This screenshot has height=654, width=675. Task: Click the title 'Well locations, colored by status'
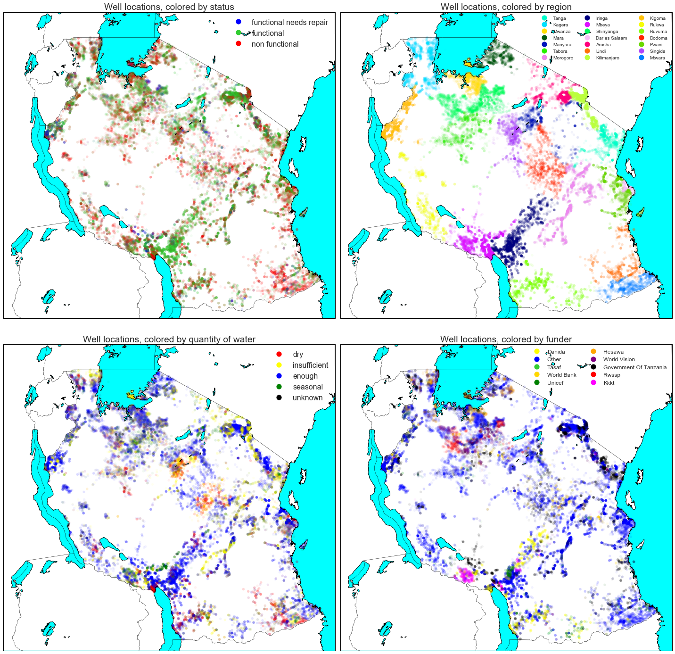pos(169,7)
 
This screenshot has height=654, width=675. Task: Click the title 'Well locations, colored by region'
pos(506,7)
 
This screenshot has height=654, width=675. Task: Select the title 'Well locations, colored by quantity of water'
pos(169,339)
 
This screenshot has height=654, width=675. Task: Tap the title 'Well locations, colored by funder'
pos(506,339)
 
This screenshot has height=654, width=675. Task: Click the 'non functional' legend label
pos(275,44)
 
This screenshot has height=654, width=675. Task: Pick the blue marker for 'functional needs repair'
pos(239,22)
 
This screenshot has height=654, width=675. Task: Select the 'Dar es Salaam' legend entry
pos(611,38)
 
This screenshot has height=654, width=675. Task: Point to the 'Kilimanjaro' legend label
pos(607,58)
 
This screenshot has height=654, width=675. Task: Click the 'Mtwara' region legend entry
pos(657,58)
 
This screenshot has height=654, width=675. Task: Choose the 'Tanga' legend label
pos(559,18)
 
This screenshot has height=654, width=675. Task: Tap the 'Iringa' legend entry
pos(601,18)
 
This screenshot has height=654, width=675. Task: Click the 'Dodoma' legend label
pos(658,38)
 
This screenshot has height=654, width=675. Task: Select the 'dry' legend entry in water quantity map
pos(297,355)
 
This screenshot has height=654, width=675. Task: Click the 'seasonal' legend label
pos(307,387)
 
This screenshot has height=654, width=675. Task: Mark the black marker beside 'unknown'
pos(279,397)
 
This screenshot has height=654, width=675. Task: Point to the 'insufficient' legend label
pos(310,365)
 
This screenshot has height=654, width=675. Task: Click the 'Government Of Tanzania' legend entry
pos(634,367)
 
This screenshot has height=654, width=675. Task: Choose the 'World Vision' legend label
pos(618,359)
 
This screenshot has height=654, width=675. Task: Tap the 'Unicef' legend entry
pos(555,383)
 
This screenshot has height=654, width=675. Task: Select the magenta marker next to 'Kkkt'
pos(593,383)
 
